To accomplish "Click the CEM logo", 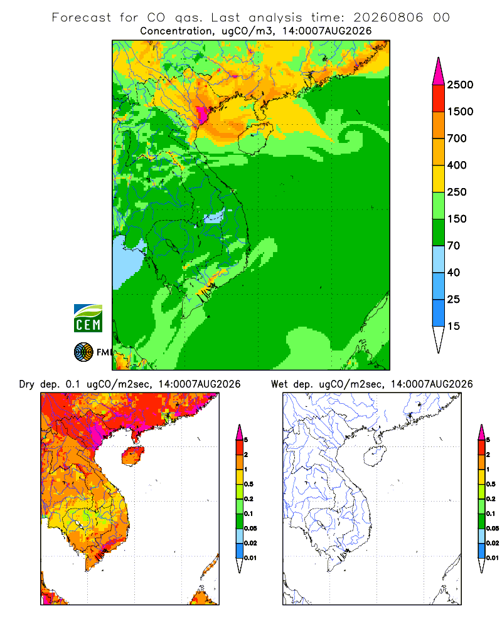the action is [x=88, y=319].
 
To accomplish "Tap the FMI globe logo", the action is [x=83, y=352].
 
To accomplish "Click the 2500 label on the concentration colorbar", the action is [x=460, y=85].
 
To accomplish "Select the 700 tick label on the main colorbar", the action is [x=457, y=139].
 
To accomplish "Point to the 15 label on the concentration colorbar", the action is [x=454, y=326].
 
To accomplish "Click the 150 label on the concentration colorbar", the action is [x=457, y=219].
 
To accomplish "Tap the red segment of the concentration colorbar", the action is [x=439, y=98].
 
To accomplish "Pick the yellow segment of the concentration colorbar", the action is [x=439, y=179].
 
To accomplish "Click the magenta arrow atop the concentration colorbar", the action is [x=439, y=71].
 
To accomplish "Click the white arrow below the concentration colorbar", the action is [x=439, y=339].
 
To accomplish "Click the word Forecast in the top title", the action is [x=82, y=18].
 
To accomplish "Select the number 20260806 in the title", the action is [x=388, y=18].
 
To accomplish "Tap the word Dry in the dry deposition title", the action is [x=27, y=384].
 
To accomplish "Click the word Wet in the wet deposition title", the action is [x=279, y=384].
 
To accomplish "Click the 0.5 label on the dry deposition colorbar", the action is [x=248, y=484].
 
